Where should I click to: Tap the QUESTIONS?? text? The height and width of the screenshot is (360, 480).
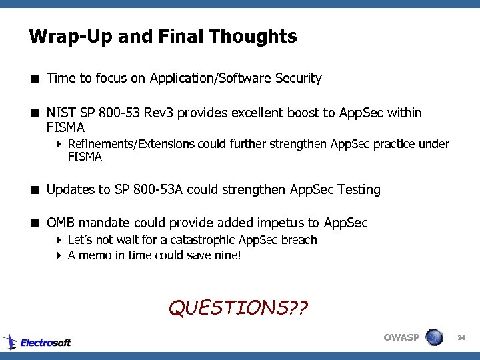(239, 307)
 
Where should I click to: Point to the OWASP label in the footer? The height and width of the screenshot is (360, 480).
(401, 337)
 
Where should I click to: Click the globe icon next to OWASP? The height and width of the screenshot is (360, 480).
(434, 337)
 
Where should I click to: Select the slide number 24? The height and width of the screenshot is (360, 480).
(461, 339)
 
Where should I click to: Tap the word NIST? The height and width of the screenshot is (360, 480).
(61, 113)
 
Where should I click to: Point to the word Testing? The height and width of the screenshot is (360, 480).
(359, 189)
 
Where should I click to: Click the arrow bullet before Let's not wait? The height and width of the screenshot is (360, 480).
(59, 240)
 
